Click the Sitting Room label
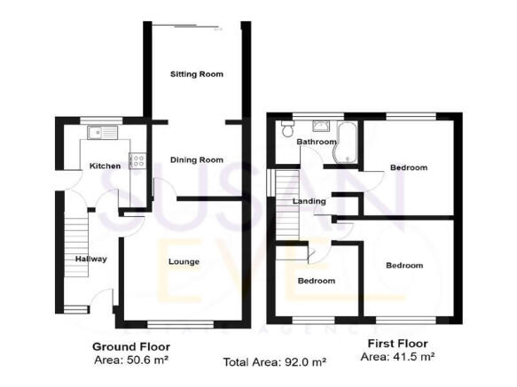click(196, 74)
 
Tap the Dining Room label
click(196, 160)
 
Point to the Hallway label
click(90, 259)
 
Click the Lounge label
click(184, 261)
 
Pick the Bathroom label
click(316, 142)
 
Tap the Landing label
click(309, 201)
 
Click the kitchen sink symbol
click(104, 134)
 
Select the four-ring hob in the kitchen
click(137, 161)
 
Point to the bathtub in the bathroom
click(343, 144)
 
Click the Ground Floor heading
click(131, 346)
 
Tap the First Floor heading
click(397, 344)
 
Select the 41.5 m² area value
click(415, 356)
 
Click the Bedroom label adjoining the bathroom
click(409, 167)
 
